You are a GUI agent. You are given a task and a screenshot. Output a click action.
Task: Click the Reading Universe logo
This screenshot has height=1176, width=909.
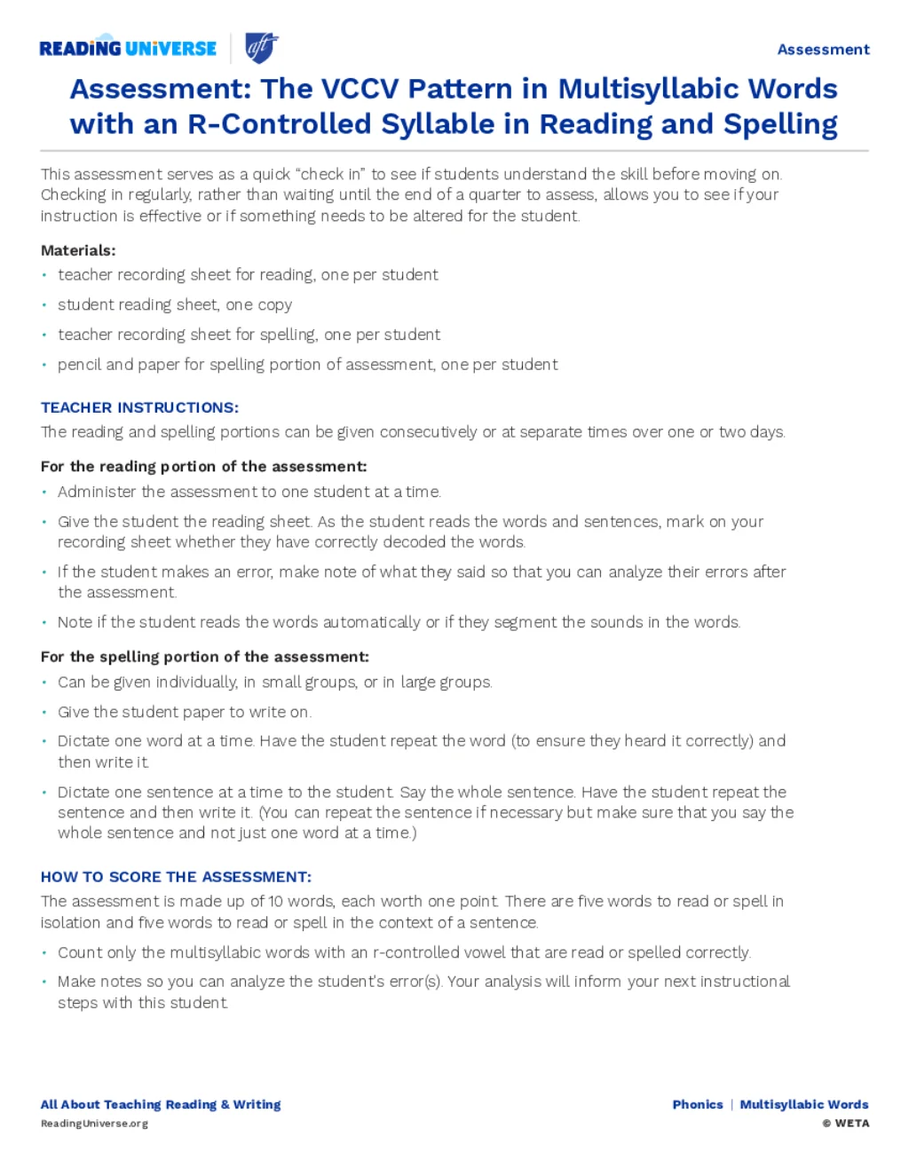click(x=128, y=48)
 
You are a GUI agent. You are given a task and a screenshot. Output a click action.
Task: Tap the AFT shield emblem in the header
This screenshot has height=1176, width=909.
click(x=262, y=47)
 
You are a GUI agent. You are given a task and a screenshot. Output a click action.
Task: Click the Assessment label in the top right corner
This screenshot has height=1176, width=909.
click(x=823, y=50)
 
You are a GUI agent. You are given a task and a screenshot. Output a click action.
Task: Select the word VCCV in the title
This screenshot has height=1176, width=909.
click(x=358, y=89)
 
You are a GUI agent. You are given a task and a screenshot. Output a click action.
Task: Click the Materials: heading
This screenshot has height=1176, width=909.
click(x=78, y=250)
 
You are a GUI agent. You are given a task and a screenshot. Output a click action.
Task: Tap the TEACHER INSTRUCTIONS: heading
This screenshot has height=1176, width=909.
click(x=139, y=407)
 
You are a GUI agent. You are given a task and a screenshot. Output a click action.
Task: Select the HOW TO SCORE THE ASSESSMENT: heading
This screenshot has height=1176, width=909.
click(x=176, y=877)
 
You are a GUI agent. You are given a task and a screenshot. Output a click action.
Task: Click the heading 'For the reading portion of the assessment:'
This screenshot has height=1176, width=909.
click(x=203, y=467)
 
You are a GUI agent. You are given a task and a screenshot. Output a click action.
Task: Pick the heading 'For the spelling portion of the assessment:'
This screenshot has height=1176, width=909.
click(x=204, y=657)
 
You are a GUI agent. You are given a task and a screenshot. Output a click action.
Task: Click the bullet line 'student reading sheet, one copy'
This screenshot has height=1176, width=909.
click(x=175, y=304)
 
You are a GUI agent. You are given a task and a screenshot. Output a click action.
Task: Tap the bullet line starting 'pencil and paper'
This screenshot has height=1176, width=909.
click(x=307, y=364)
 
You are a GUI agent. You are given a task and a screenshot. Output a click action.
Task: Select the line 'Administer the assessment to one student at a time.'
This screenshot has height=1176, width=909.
click(x=249, y=492)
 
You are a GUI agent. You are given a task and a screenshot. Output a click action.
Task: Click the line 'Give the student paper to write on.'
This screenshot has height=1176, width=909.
click(x=184, y=712)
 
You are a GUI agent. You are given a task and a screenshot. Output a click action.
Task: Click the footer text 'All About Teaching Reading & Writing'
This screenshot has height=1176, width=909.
click(x=161, y=1104)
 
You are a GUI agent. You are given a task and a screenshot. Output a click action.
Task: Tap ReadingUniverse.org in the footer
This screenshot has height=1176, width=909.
click(x=94, y=1124)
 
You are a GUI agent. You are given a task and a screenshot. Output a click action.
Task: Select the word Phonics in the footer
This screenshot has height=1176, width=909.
click(x=698, y=1104)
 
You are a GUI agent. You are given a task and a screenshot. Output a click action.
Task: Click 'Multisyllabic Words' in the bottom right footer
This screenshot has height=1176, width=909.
click(x=804, y=1104)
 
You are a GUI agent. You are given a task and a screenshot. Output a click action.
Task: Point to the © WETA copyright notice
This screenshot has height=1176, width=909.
click(x=845, y=1124)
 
